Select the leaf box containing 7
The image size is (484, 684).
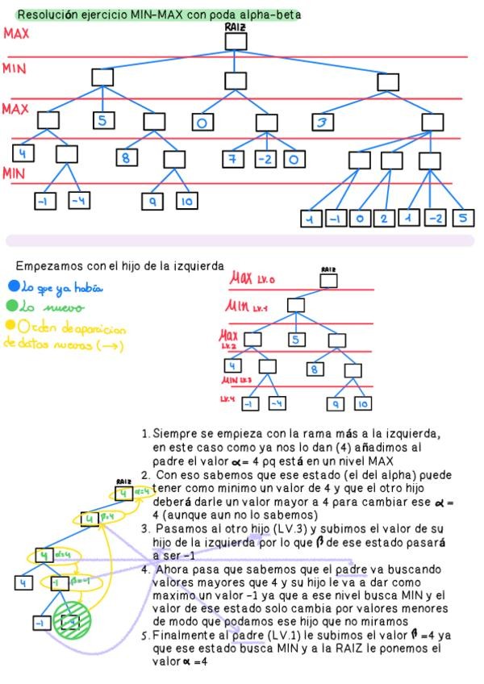233,160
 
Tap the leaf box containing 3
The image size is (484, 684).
324,122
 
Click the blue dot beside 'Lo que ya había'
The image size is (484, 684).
11,286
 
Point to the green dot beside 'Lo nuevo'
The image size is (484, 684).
11,307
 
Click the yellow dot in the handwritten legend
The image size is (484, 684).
10,326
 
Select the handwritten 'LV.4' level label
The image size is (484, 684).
227,398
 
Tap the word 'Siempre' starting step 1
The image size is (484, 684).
173,433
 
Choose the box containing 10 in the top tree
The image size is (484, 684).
186,202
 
